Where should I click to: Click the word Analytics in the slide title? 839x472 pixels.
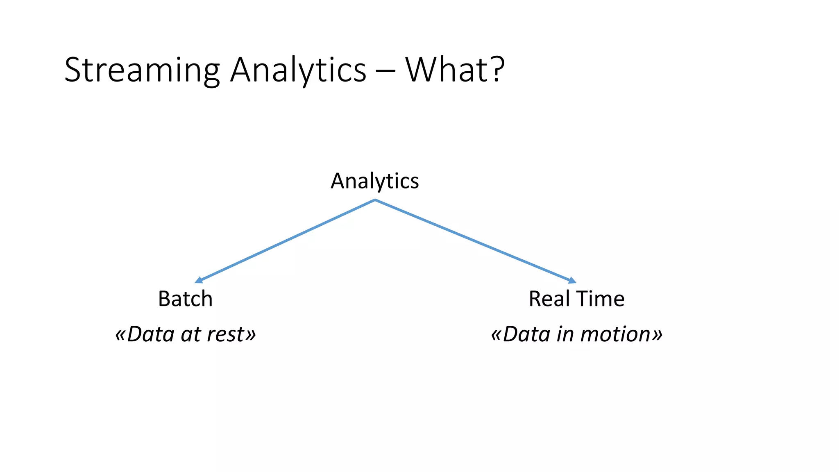tap(298, 70)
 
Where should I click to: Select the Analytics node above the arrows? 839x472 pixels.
tap(374, 181)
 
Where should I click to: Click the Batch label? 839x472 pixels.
tap(185, 299)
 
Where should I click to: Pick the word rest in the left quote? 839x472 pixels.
tap(225, 334)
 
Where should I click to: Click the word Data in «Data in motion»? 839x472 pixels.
tap(526, 334)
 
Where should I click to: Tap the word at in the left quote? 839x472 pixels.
tap(190, 335)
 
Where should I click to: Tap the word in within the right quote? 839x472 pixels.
tap(566, 334)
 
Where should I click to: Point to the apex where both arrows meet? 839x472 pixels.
tap(375, 200)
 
